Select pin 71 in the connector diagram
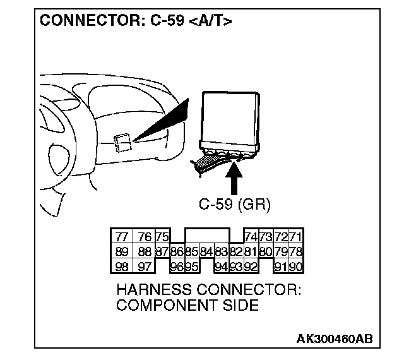tap(296, 237)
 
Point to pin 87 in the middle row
tap(162, 252)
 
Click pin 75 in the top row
tap(162, 237)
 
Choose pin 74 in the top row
tap(250, 237)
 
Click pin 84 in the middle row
tap(206, 252)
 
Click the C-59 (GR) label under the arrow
tap(234, 205)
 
